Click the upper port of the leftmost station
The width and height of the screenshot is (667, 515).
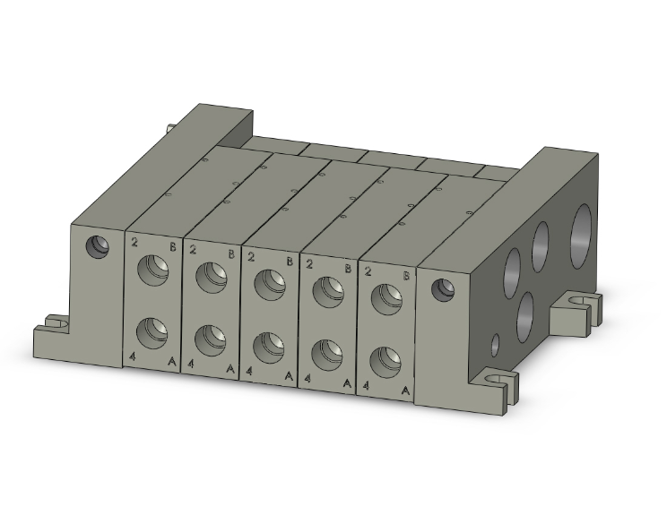point(152,270)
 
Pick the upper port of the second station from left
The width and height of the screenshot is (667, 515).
point(212,277)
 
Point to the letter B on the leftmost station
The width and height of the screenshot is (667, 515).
point(172,246)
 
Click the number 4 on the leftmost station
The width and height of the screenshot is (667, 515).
point(133,357)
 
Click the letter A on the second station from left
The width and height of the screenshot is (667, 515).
point(230,368)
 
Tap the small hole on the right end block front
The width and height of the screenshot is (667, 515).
point(440,289)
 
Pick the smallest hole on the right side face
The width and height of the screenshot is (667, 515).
point(495,342)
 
